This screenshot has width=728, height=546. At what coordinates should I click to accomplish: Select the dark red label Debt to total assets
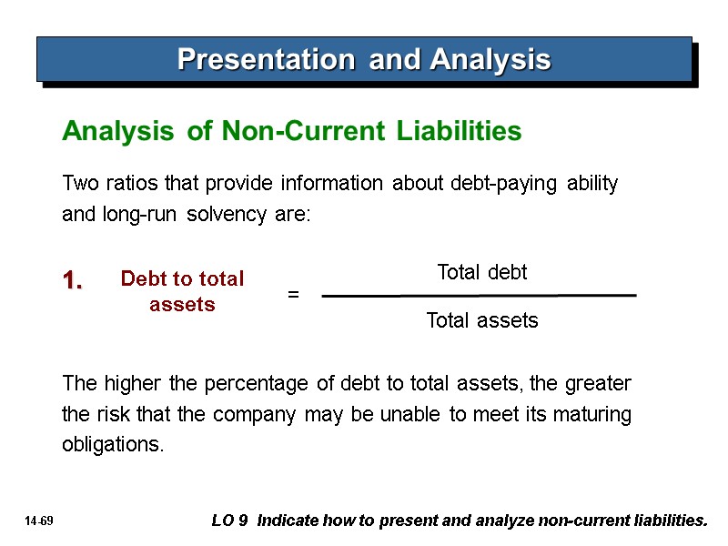[182, 291]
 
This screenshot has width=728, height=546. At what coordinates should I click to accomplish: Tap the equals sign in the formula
[293, 295]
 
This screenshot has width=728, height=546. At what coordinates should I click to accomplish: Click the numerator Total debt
[482, 272]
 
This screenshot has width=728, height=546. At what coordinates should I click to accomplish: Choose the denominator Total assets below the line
[482, 321]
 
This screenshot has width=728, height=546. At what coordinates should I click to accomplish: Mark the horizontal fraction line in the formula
[479, 296]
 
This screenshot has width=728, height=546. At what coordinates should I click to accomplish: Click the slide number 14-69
[40, 521]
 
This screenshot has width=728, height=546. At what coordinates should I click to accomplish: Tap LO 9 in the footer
[232, 521]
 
